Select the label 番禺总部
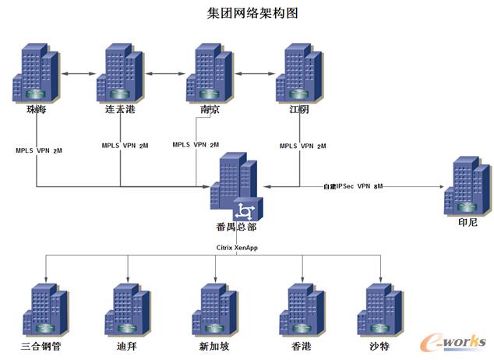[236, 228]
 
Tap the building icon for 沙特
[379, 309]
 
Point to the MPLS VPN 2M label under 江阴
[302, 146]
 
